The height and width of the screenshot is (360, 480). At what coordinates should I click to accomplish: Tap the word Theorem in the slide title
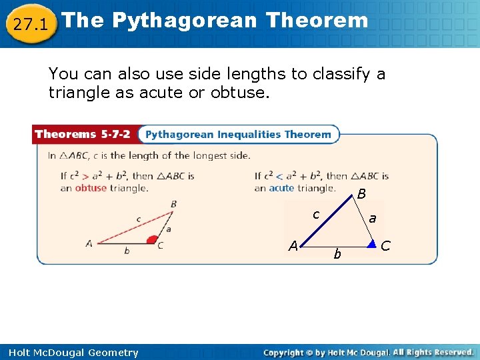pyautogui.click(x=316, y=21)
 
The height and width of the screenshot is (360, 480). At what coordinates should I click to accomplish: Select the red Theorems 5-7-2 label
pyautogui.click(x=84, y=134)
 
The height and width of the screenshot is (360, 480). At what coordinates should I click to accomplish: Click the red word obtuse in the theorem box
pyautogui.click(x=91, y=188)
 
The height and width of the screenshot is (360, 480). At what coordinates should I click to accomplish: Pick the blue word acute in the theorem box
pyautogui.click(x=281, y=188)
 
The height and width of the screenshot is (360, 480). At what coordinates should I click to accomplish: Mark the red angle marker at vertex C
pyautogui.click(x=153, y=239)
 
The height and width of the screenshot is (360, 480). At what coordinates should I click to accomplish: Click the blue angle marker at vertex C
pyautogui.click(x=371, y=243)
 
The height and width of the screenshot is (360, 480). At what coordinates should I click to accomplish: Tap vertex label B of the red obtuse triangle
pyautogui.click(x=174, y=204)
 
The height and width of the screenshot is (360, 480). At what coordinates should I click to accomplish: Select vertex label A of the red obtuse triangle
pyautogui.click(x=89, y=244)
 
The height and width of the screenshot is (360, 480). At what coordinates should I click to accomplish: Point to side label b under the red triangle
pyautogui.click(x=127, y=251)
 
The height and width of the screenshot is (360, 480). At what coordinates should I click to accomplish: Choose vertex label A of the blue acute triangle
pyautogui.click(x=293, y=245)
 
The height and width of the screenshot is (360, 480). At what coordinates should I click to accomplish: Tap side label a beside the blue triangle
pyautogui.click(x=372, y=218)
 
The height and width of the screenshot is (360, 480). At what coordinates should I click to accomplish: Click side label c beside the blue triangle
pyautogui.click(x=317, y=215)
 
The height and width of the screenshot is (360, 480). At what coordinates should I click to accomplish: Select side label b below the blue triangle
pyautogui.click(x=337, y=254)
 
